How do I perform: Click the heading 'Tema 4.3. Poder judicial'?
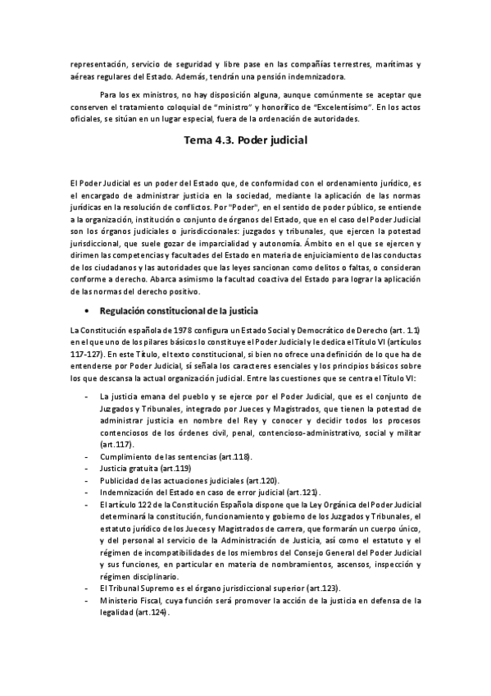pyautogui.click(x=246, y=140)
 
